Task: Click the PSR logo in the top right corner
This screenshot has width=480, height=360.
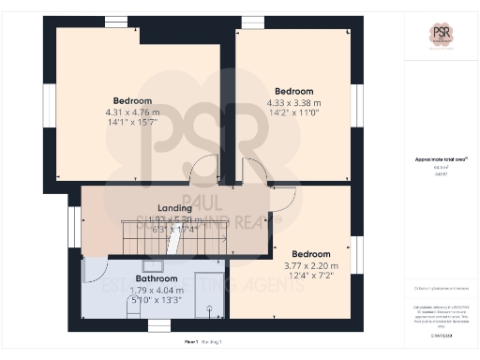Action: [441, 36]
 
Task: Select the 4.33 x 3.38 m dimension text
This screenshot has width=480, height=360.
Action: [292, 103]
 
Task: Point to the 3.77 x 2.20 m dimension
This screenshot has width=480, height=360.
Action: [310, 266]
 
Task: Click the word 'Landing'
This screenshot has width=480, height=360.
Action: [173, 207]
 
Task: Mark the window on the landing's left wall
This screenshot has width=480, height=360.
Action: [73, 228]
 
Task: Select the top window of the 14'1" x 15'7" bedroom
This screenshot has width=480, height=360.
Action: [115, 21]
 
